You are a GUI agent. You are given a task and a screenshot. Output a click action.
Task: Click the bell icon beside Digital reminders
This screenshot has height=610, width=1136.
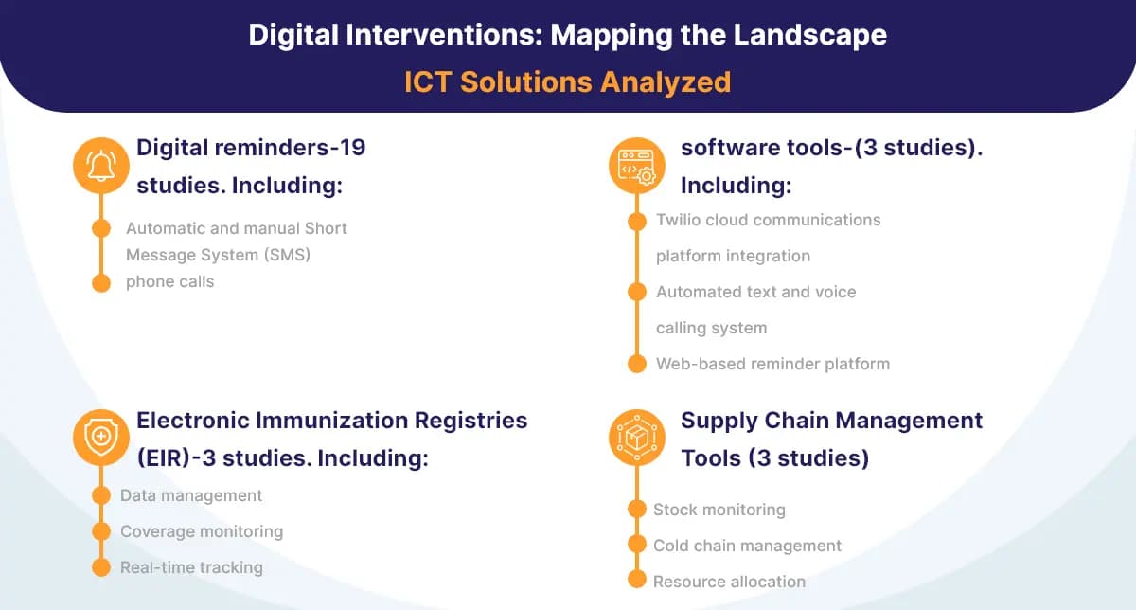pyautogui.click(x=101, y=166)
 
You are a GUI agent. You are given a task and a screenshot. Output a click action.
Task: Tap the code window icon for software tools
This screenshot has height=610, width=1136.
pyautogui.click(x=635, y=168)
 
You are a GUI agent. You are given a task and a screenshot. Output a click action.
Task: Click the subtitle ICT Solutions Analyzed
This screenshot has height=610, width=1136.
pyautogui.click(x=567, y=81)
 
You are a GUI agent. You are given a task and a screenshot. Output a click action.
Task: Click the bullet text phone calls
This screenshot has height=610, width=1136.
pyautogui.click(x=169, y=281)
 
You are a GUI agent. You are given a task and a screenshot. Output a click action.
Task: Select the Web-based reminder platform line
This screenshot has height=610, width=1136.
pyautogui.click(x=772, y=364)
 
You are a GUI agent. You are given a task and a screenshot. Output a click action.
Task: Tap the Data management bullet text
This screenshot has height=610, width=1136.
pyautogui.click(x=191, y=495)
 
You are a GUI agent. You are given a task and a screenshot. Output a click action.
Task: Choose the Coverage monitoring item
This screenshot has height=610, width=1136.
pyautogui.click(x=202, y=531)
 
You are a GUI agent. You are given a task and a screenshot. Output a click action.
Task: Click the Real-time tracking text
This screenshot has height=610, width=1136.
pyautogui.click(x=191, y=567)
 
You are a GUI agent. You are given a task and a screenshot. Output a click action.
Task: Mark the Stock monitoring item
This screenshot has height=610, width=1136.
pyautogui.click(x=719, y=510)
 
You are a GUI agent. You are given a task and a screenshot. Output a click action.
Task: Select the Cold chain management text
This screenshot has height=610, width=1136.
pyautogui.click(x=747, y=546)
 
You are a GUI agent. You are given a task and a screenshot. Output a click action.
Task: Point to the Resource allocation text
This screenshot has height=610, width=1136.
pyautogui.click(x=729, y=582)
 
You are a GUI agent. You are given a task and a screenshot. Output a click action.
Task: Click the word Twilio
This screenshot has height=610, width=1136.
pyautogui.click(x=680, y=220)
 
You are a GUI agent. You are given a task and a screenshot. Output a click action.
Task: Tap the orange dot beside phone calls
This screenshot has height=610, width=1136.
pyautogui.click(x=101, y=282)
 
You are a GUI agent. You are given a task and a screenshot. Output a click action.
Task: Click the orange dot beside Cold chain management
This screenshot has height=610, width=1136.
pyautogui.click(x=637, y=546)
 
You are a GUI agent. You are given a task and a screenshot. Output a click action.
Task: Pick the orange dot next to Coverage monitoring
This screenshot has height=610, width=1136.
pyautogui.click(x=101, y=531)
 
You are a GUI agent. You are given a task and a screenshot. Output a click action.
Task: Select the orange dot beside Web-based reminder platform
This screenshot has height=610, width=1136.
pyautogui.click(x=637, y=364)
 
